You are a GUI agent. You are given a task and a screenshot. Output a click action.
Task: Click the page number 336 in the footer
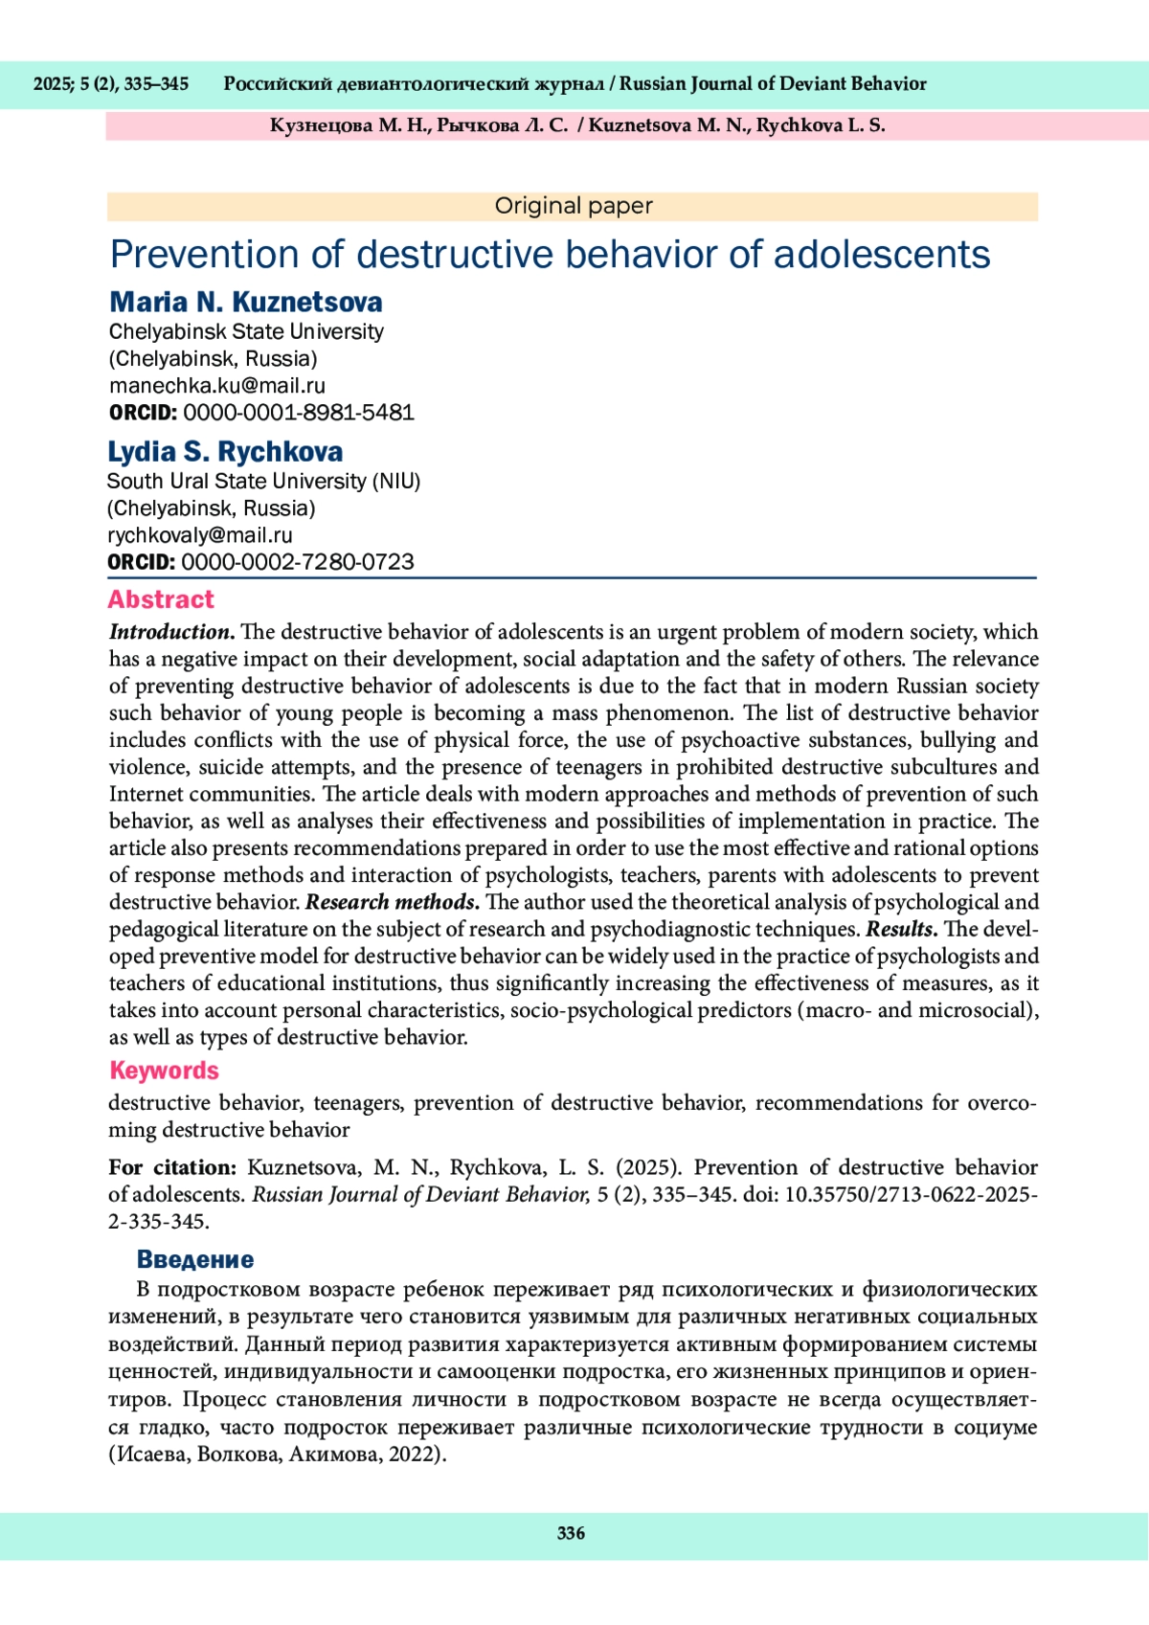[x=571, y=1533]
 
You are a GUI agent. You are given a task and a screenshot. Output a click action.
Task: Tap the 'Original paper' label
[x=574, y=206]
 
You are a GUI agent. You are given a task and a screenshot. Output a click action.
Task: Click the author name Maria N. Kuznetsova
[x=246, y=303]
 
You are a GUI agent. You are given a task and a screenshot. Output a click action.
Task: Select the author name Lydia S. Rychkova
[x=225, y=452]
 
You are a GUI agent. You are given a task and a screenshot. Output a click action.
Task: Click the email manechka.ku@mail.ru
[x=217, y=386]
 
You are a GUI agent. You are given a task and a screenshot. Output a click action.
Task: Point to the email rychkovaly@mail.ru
[x=200, y=535]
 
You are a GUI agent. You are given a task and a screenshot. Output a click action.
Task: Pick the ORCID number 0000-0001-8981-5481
[x=299, y=413]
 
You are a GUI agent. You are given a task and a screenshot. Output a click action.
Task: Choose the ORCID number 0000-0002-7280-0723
[x=298, y=562]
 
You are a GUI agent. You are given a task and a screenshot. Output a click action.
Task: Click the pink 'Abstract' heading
[x=161, y=599]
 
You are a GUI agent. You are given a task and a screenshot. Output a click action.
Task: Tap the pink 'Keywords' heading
[x=164, y=1071]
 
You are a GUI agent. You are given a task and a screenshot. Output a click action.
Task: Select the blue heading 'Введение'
[x=195, y=1259]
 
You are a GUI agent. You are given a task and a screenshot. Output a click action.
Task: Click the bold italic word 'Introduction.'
[x=172, y=632]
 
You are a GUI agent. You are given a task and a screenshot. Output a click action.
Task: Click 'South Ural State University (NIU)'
[x=264, y=481]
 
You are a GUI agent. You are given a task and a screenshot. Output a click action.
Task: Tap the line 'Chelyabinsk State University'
[x=246, y=331]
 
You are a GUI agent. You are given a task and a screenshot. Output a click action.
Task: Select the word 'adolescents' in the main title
[x=882, y=255]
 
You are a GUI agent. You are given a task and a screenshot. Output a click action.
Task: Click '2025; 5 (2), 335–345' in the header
[x=111, y=84]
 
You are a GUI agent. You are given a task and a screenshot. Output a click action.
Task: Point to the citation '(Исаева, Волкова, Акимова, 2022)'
[x=278, y=1454]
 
